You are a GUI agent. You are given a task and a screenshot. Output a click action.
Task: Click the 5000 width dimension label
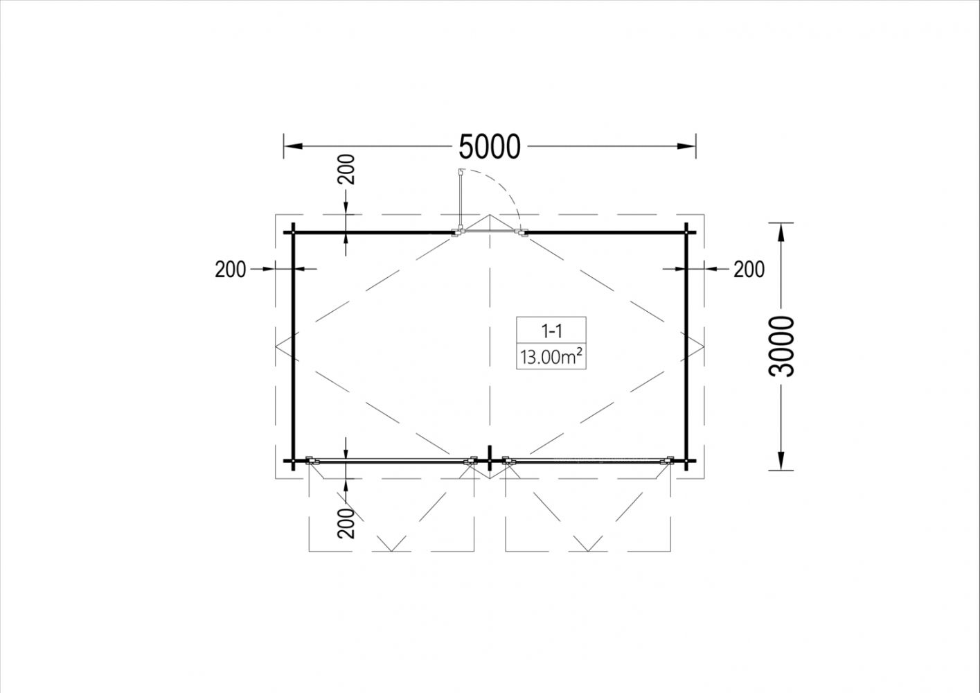point(490,146)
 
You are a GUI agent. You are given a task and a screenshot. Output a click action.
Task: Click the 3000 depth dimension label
point(781,346)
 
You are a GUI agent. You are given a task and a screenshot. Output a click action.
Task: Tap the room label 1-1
point(551,332)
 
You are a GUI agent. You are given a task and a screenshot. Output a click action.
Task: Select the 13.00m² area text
point(551,357)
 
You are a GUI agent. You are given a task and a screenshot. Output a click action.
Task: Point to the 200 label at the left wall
point(230,270)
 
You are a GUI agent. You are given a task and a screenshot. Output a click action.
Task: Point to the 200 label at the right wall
point(749,270)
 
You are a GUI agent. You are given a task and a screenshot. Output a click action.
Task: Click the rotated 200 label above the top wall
point(346,169)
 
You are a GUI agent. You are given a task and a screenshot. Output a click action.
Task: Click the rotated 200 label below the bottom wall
point(346,523)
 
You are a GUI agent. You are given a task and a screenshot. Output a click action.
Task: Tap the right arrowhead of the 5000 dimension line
point(686,146)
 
